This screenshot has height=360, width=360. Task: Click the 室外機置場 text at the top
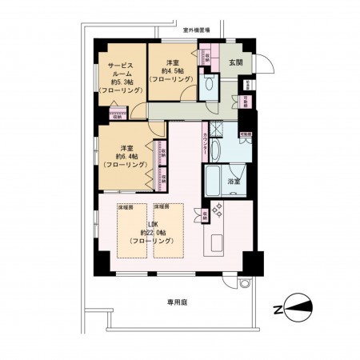click(x=197, y=30)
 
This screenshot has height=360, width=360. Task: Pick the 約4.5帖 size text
click(x=174, y=71)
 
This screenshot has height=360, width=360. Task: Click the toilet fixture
click(x=210, y=85)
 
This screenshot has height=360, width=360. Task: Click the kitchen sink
click(x=217, y=242)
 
